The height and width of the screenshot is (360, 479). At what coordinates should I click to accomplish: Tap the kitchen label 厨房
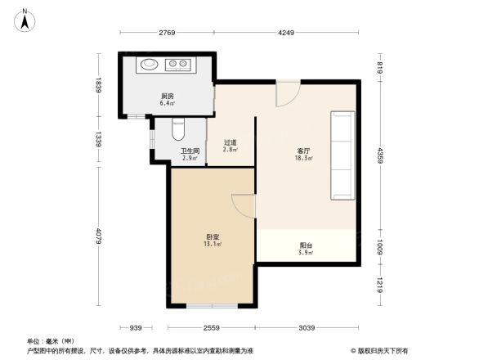point(167,96)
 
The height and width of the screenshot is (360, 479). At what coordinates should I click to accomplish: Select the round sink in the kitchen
point(150,65)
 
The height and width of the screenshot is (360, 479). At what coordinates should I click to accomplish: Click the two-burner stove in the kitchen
point(178,65)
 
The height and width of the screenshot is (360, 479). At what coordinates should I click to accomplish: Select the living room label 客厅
point(302,152)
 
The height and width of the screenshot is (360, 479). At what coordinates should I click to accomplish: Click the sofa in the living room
point(342,155)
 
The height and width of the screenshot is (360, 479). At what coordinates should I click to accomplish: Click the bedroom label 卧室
point(213,239)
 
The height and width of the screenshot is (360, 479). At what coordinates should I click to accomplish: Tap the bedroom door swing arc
point(244,205)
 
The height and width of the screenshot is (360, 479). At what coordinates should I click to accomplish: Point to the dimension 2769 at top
point(168,33)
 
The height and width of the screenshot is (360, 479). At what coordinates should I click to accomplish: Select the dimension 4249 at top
point(286,33)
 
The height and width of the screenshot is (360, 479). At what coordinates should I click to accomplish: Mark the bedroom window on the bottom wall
point(212,306)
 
